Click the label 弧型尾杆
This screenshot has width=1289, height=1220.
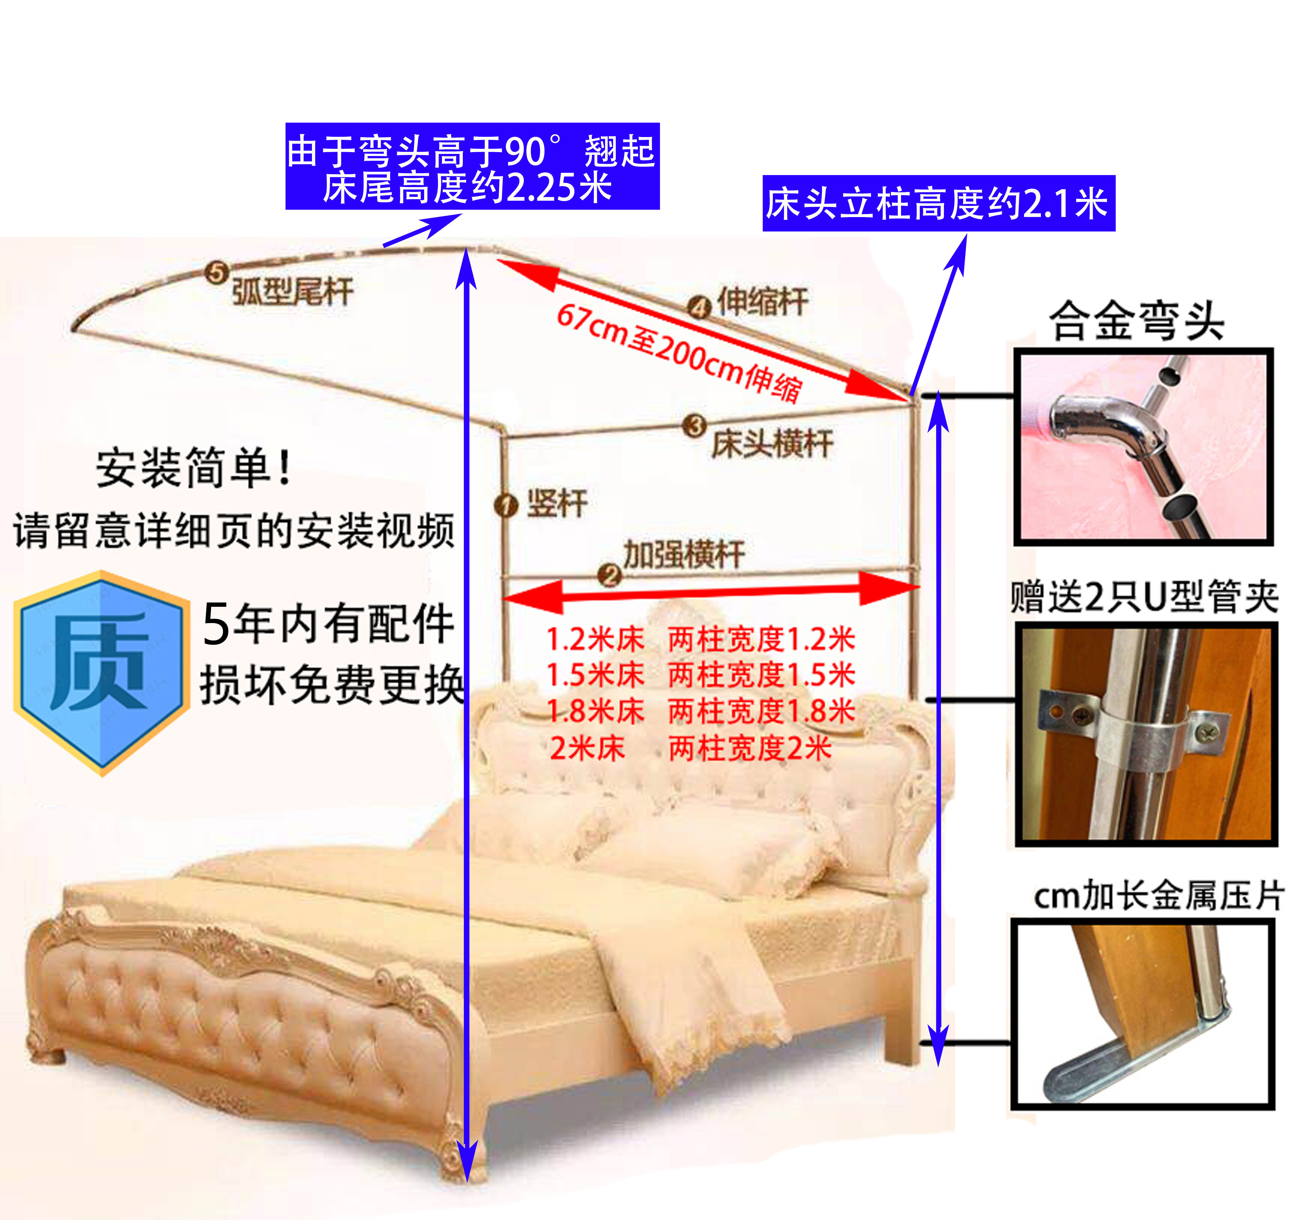click(293, 291)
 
